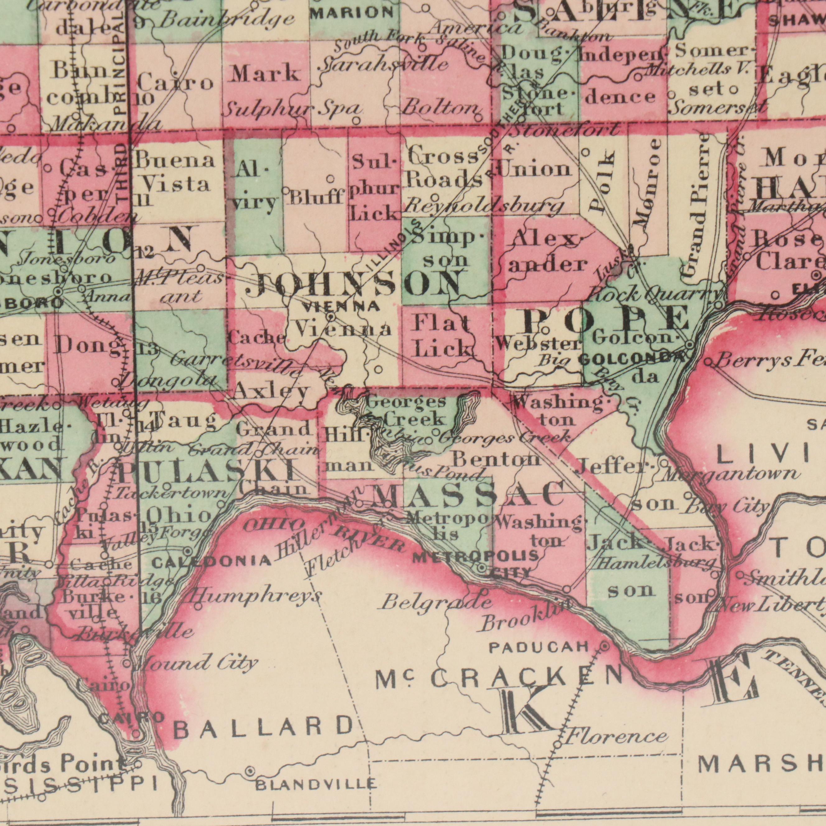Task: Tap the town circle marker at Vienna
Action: pyautogui.click(x=331, y=317)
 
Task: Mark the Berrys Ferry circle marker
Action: pyautogui.click(x=708, y=363)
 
